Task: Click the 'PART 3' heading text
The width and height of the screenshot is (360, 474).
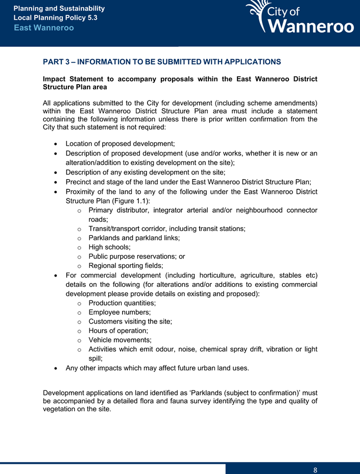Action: coord(162,62)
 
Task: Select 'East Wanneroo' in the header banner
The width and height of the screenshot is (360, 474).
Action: coord(44,28)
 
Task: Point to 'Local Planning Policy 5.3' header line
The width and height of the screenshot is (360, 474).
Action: coord(55,18)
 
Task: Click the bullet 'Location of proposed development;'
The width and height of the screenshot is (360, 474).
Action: coord(121,144)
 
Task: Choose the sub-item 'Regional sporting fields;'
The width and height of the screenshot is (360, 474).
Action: coord(126,265)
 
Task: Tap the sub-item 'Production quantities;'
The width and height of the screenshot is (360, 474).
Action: coord(126,303)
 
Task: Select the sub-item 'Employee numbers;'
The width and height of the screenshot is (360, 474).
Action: coord(119,312)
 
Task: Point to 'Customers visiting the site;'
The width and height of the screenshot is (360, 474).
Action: coord(130,321)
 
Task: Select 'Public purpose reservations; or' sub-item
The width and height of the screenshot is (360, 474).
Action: coord(136,256)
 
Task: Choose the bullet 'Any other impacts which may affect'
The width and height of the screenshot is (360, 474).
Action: coord(157,368)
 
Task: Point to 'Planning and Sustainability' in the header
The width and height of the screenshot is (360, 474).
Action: coord(59,9)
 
